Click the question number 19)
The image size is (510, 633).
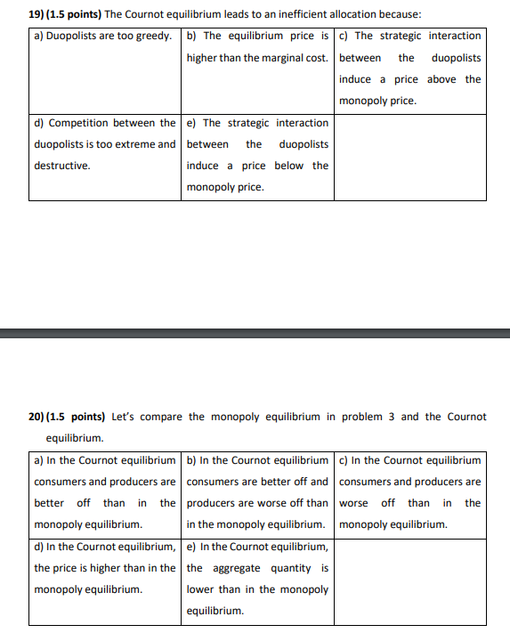(38, 15)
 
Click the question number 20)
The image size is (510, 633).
(38, 417)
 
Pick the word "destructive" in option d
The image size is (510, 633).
(61, 166)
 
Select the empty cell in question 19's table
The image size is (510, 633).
(410, 157)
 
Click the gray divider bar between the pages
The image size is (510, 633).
(255, 333)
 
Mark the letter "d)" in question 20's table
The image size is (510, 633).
(40, 547)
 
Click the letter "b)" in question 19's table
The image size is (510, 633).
(192, 37)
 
